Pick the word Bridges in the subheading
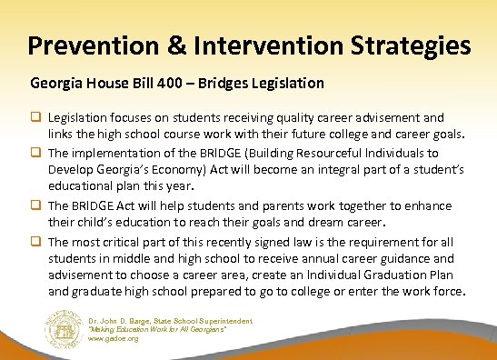[x=238, y=83]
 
